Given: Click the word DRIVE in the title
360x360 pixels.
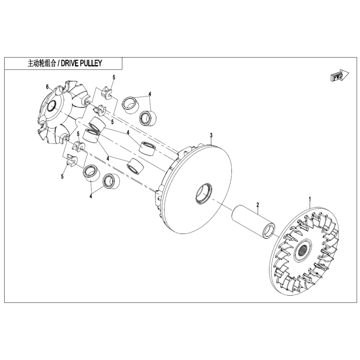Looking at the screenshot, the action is pos(69,63).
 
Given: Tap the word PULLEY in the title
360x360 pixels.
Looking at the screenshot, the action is pos(91,63).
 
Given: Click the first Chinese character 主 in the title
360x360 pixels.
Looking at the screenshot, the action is pos(30,63).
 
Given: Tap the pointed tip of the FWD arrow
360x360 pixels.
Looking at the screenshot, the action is pos(349,74).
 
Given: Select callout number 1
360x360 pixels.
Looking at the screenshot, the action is pos(310,199).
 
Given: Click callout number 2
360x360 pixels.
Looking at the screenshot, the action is pos(258,204).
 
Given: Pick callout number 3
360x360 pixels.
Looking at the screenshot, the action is pos(211,135).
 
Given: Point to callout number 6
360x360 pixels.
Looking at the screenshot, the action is pos(47,86).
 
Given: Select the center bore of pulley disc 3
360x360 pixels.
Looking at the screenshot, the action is pos(204,193).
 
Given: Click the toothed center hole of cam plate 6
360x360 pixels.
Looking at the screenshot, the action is pos(51,106).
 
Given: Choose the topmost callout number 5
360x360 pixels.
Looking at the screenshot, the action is pos(114,77).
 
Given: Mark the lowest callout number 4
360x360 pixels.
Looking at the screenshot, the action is pos(91,196).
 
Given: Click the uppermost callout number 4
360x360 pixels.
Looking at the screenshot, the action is pos(150,94).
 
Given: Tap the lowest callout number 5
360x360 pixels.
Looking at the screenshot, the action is pos(62,176).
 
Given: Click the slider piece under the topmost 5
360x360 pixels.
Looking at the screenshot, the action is pos(106,92).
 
